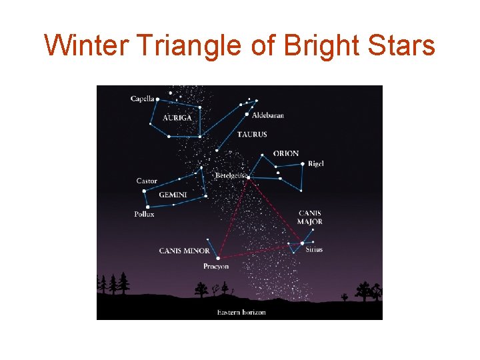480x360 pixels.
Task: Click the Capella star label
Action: tap(142, 99)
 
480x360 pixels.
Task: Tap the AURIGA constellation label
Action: tap(177, 118)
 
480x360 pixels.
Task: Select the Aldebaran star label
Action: tap(269, 115)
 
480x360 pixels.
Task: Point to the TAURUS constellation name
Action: tap(252, 135)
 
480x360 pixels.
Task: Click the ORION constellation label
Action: tap(286, 154)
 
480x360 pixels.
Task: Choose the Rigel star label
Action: tap(316, 164)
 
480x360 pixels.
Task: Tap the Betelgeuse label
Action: tap(230, 176)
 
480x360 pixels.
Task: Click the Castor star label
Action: tap(147, 181)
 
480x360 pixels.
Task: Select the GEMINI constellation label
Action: tap(173, 195)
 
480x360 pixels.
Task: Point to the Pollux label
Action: tap(144, 215)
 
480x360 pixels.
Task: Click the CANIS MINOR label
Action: tap(184, 251)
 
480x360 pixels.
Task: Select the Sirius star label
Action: tap(314, 250)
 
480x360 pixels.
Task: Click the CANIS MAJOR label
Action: tap(310, 218)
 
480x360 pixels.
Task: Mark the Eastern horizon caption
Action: tap(241, 313)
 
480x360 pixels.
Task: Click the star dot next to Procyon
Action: tap(218, 257)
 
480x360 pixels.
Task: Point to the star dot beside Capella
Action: tap(158, 99)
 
